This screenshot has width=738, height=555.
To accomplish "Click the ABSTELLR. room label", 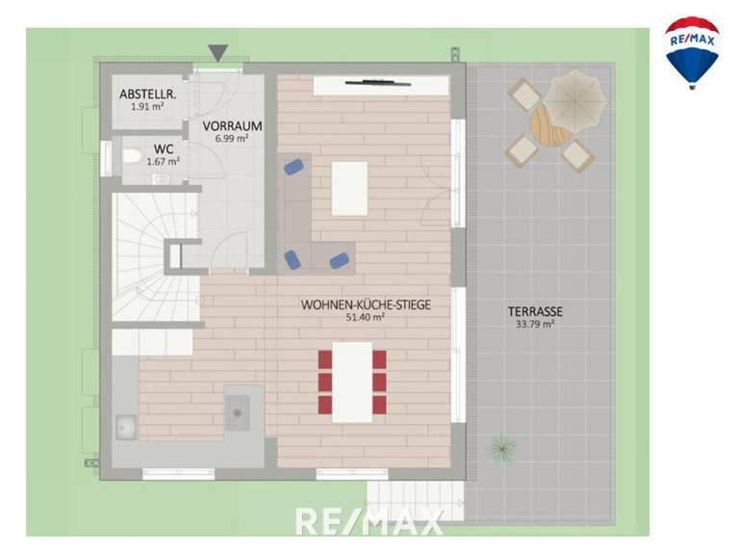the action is pos(148,94).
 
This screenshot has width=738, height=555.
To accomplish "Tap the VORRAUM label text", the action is pos(233,126).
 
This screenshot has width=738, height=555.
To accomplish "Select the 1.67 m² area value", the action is pos(163,162).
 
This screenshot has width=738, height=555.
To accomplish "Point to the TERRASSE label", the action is pos(535,311).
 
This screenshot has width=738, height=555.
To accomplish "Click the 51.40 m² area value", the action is pos(366,317).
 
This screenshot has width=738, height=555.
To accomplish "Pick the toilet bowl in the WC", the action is pos(131,156).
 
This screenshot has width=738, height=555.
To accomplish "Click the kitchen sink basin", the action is pos(126,427).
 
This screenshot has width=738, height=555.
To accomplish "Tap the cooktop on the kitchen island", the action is pos(238,412).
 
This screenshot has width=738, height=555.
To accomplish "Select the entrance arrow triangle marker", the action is pos(217,53).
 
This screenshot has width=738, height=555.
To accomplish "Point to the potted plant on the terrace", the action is pos(502,448).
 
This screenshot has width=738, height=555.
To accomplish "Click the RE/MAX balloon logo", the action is pos(692,53).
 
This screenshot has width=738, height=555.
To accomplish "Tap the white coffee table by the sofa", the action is pos(349,188).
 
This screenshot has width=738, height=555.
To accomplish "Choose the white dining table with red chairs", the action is pos(352,383).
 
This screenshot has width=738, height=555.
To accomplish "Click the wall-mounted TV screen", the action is pos(378,84).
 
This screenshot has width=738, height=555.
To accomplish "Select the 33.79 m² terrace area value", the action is pos(535,324).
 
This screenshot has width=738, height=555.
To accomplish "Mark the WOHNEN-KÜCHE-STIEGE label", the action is pos(366,304).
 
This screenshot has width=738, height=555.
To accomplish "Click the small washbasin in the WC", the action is pos(161,178).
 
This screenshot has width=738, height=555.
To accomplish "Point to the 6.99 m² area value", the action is pos(232,139).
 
